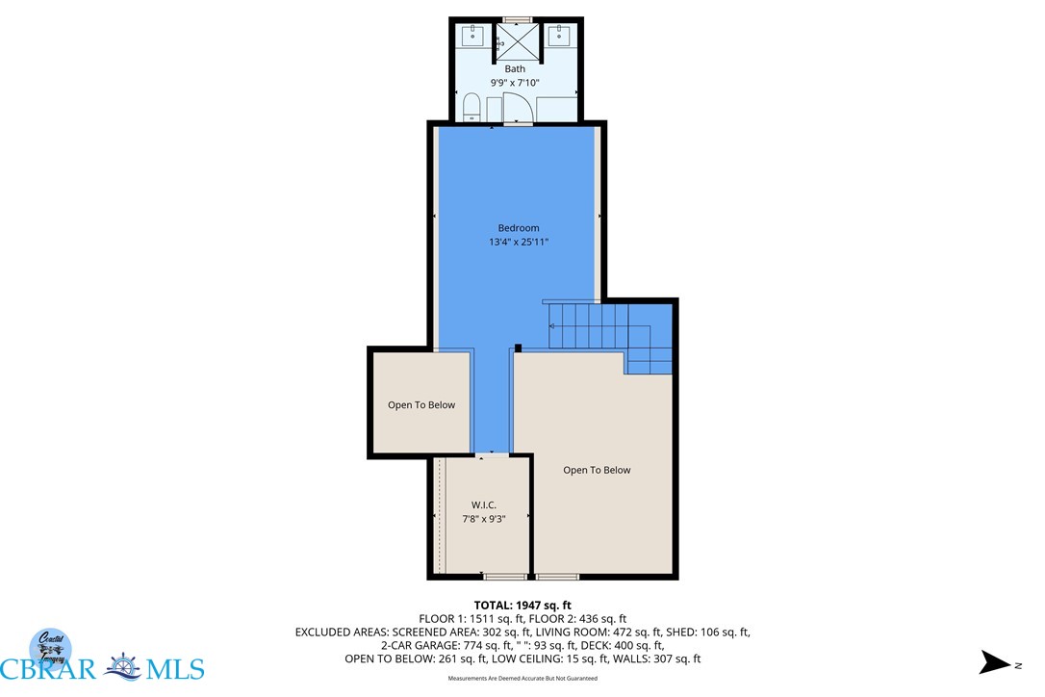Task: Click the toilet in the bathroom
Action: tap(472, 106)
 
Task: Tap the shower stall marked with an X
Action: tap(516, 41)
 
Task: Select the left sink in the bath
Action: tap(472, 38)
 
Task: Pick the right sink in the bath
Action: tap(559, 38)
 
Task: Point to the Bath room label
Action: tap(516, 68)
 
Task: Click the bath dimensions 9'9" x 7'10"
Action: tap(516, 83)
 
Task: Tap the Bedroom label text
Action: tap(519, 228)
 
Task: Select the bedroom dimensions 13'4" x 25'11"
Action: tap(519, 243)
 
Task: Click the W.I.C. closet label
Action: tap(483, 505)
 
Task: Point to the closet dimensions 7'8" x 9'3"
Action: tap(483, 520)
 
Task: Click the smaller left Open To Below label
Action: tap(421, 405)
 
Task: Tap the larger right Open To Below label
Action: tap(597, 470)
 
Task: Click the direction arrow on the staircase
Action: tap(552, 326)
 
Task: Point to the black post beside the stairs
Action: tap(518, 348)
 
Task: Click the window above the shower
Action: tap(518, 18)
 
